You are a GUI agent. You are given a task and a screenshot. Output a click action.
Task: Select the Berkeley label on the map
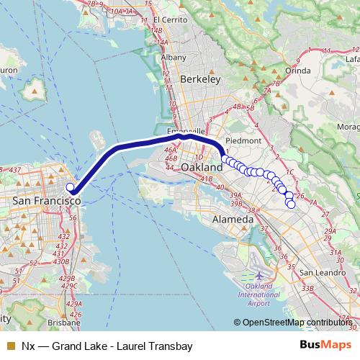[199, 80]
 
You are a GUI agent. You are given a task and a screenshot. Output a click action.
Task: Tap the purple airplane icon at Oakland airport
[258, 276]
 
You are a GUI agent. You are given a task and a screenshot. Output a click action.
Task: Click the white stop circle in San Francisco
[71, 188]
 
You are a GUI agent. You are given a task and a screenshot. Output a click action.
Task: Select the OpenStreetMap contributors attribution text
[296, 322]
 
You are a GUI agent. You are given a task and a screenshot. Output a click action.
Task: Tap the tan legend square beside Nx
[9, 346]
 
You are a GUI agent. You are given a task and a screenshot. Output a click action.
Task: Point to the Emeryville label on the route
[189, 132]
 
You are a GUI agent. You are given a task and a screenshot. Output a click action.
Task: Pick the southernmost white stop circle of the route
[292, 204]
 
